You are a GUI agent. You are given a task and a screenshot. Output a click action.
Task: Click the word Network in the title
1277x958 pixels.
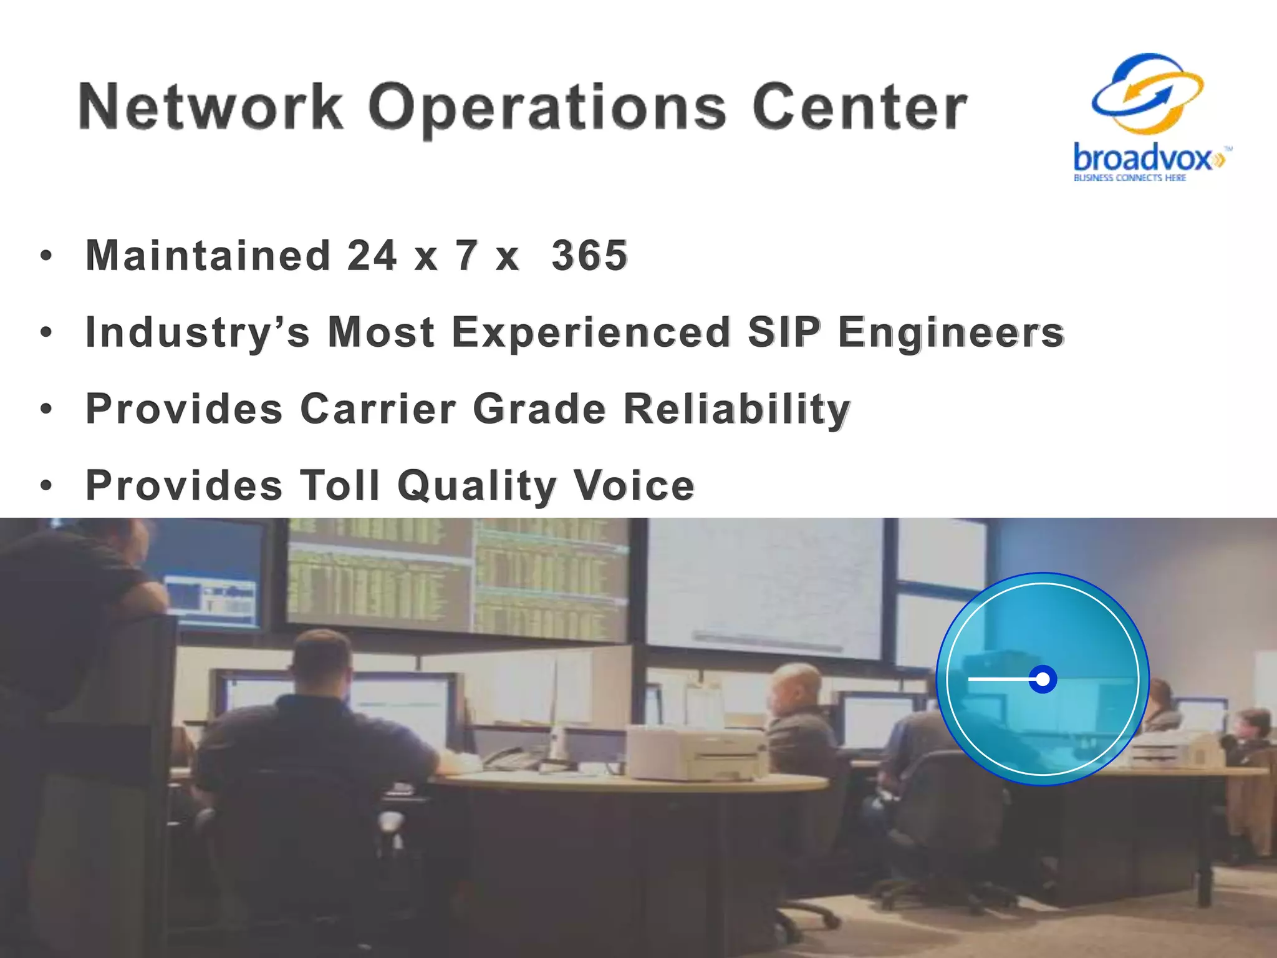coord(211,107)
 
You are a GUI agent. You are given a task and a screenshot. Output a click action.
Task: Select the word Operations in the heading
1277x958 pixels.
coord(547,109)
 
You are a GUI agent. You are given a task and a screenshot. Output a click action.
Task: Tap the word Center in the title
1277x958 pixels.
coord(859,107)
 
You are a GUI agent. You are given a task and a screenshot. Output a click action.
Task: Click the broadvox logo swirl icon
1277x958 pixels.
coord(1148,94)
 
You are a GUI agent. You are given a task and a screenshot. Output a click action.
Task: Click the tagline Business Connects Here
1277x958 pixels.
coord(1129,178)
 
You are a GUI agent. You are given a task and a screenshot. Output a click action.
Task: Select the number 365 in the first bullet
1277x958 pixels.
coord(589,256)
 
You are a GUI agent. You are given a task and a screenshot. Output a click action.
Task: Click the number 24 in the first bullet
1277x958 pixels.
coord(372,256)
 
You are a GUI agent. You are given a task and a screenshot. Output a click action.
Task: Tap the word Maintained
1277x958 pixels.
coord(208,256)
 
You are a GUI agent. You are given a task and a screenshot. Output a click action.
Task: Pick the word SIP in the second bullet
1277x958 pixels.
coord(784,332)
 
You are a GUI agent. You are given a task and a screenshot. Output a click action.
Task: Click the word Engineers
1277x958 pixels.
coord(951,333)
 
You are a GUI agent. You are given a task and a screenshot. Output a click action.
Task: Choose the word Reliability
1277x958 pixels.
coord(737,410)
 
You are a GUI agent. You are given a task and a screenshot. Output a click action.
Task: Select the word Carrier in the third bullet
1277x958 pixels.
coord(378,409)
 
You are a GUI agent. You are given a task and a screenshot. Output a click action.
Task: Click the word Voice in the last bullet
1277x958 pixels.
coord(634,485)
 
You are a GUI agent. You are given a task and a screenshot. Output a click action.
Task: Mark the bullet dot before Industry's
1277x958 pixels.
coord(46,332)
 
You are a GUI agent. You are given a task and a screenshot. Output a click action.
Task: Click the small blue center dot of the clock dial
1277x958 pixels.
coord(1043,679)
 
